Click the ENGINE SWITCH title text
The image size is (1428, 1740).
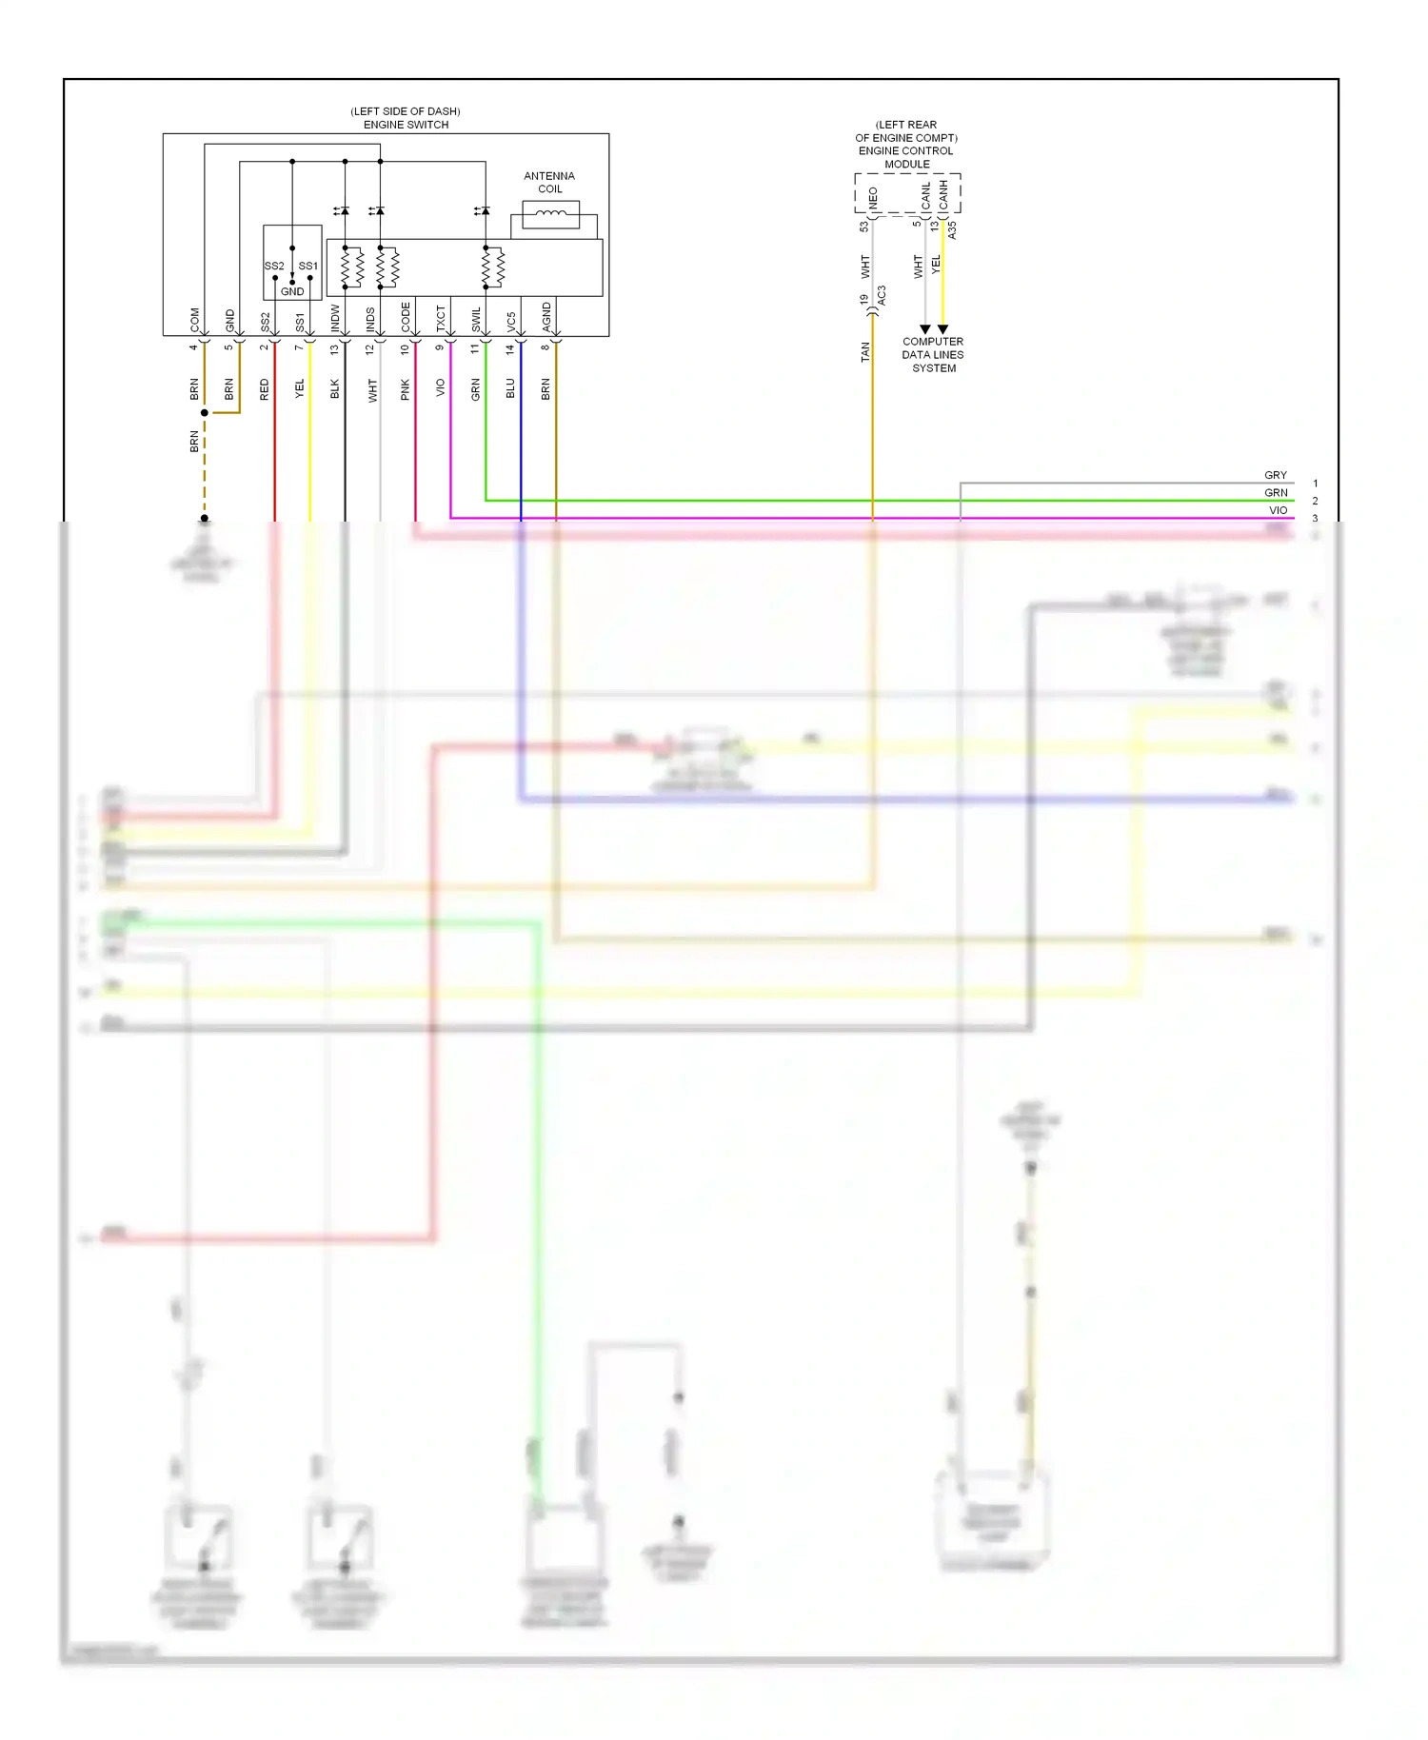tap(406, 125)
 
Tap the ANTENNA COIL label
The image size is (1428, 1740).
tap(549, 182)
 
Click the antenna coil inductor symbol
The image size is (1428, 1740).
tap(550, 214)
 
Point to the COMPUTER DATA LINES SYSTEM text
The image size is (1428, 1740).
tap(933, 355)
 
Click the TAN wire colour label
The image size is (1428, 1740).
tap(865, 352)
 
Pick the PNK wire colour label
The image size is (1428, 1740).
tap(406, 389)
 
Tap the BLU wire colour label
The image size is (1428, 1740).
tap(510, 388)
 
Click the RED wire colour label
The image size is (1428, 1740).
tap(265, 389)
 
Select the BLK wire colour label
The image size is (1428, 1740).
tap(335, 388)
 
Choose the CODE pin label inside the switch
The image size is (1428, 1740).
tap(406, 316)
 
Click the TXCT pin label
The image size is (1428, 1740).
tap(441, 318)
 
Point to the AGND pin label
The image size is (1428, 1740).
tap(546, 316)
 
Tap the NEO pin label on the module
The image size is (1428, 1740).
tap(873, 198)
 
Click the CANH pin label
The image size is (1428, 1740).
tap(943, 195)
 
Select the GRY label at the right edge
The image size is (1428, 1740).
tap(1276, 475)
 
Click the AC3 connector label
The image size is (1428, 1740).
tap(882, 296)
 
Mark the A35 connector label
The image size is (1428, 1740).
tap(952, 229)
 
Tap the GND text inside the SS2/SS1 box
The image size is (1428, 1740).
tap(292, 291)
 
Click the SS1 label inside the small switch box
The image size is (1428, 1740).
tap(307, 266)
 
